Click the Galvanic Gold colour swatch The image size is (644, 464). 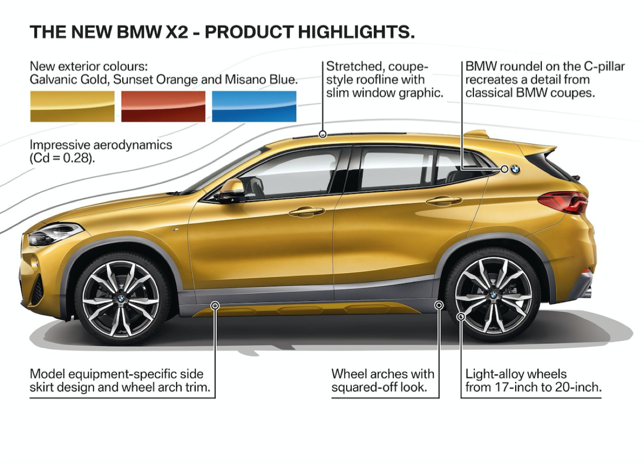coord(72,106)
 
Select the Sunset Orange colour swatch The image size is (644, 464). coord(164,106)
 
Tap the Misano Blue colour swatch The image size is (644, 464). coord(254,106)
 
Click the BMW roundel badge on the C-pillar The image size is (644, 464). coord(515,169)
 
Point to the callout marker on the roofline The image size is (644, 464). coord(323,134)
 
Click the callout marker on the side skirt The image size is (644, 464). coord(215,305)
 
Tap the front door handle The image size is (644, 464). coord(307,211)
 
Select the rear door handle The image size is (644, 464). coord(444,201)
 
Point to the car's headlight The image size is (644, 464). coord(55,234)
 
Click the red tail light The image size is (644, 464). coord(562,202)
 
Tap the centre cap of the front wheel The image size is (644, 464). coord(121,298)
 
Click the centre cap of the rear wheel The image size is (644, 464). coord(493,294)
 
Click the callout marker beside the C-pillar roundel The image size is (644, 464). coord(504,169)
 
